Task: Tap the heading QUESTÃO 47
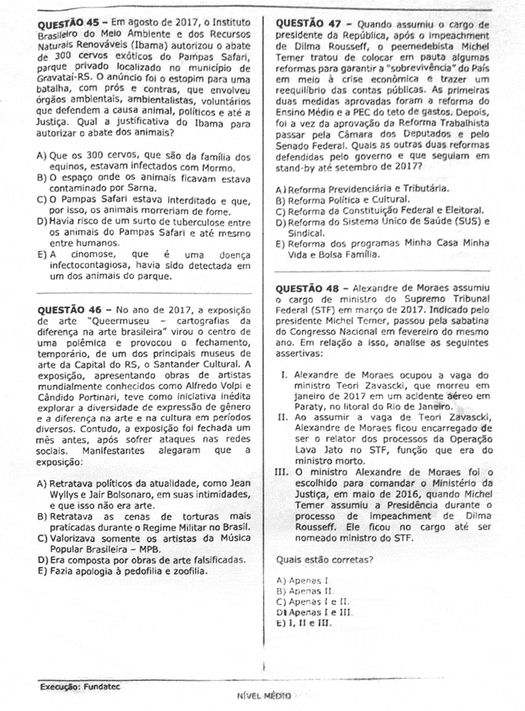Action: pyautogui.click(x=308, y=23)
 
